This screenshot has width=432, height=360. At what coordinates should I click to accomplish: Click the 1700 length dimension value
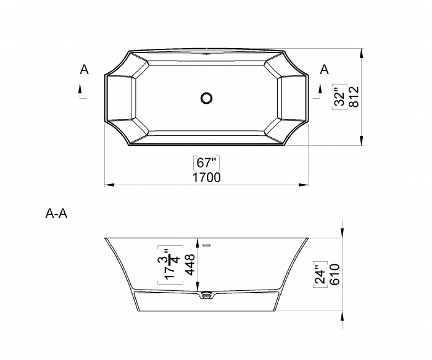coord(206,177)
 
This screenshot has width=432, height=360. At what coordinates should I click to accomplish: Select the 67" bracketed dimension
coord(206,162)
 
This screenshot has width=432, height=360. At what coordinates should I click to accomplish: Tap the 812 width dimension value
coord(354,97)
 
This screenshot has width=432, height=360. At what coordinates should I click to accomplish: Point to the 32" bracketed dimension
coord(339,97)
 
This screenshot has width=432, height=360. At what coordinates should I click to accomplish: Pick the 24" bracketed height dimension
coord(320,274)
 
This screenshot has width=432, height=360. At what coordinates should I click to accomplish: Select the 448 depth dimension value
coord(190,265)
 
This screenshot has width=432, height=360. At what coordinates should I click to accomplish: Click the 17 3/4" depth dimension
coord(171,265)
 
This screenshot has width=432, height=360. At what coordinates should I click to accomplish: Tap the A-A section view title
coord(56,214)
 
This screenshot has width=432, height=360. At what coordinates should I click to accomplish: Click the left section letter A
coord(85,69)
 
